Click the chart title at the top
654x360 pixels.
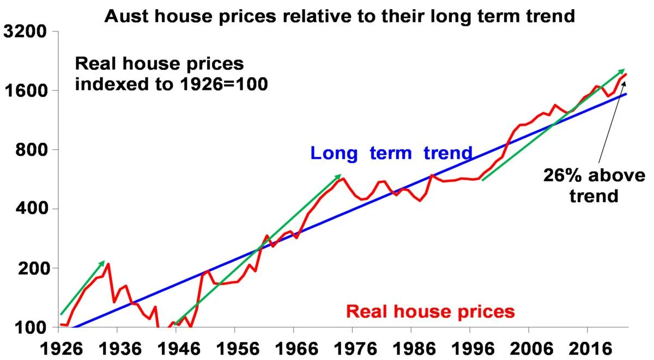point(340,16)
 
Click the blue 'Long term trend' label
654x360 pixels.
point(391,153)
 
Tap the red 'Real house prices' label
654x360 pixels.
point(431,312)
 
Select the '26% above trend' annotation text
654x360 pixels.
point(594,185)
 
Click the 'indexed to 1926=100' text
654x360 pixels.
point(171,84)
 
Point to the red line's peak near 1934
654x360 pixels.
point(108,264)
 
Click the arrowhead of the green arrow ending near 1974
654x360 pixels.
point(339,176)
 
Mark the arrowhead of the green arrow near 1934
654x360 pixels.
point(103,263)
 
